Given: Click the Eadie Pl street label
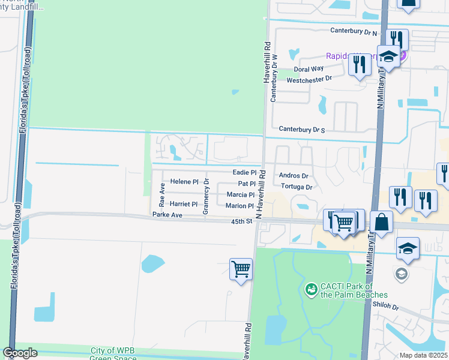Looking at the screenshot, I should click(x=244, y=173).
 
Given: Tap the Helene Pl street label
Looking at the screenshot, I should click(x=184, y=182).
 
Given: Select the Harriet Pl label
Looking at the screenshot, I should click(x=184, y=205).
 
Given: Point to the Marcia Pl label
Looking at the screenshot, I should click(x=240, y=195).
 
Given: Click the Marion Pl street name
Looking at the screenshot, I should click(x=240, y=206).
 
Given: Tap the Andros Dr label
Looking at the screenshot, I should click(x=294, y=176).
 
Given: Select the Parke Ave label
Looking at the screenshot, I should click(x=167, y=215).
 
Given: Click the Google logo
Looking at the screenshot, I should click(x=20, y=353).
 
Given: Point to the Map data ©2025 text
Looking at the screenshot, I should click(x=423, y=355).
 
